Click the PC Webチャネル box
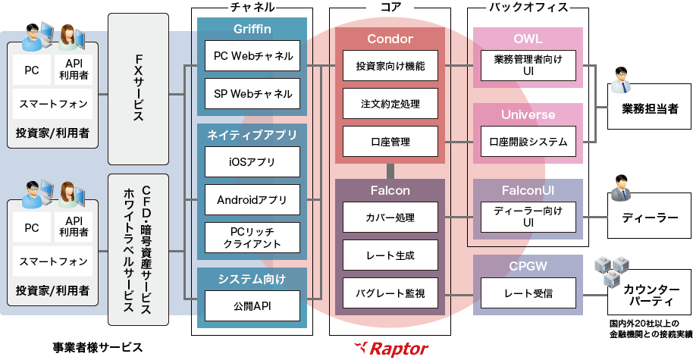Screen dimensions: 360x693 click(x=252, y=55)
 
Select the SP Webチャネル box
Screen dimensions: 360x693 click(x=252, y=94)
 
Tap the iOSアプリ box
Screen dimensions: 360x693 click(x=252, y=161)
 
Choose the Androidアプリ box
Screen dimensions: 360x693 click(x=252, y=200)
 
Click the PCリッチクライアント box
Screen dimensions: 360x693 click(x=252, y=237)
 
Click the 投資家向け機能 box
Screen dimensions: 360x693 click(x=390, y=66)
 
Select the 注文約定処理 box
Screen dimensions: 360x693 click(x=390, y=103)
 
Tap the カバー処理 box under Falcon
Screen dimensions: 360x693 click(x=390, y=218)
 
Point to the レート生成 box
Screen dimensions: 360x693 click(x=390, y=255)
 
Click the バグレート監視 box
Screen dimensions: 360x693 click(x=390, y=293)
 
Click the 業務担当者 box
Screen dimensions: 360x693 click(x=650, y=108)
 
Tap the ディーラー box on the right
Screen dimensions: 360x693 click(x=650, y=218)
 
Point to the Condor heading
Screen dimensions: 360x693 click(x=390, y=39)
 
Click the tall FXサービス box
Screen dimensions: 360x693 click(x=139, y=88)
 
